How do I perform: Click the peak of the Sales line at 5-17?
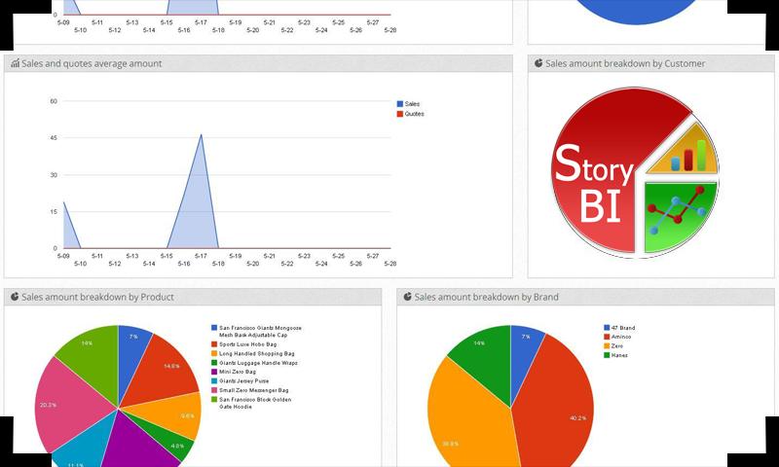(x=202, y=134)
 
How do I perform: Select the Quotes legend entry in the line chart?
(x=414, y=114)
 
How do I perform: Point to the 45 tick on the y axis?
(x=54, y=137)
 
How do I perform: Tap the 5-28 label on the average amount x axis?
(x=390, y=264)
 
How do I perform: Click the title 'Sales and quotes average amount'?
(x=92, y=64)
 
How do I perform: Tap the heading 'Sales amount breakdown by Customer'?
(x=625, y=64)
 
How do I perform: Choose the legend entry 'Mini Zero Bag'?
(x=238, y=372)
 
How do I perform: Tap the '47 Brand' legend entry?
(x=622, y=328)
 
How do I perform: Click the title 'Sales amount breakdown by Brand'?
(x=486, y=297)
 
